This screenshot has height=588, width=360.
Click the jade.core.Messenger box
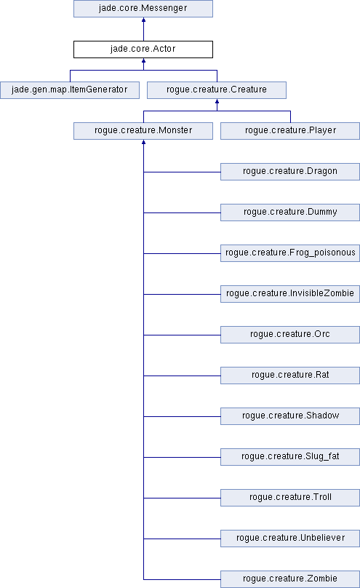tap(143, 8)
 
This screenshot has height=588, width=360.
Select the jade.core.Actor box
tap(143, 49)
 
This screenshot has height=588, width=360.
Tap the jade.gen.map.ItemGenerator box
tap(70, 90)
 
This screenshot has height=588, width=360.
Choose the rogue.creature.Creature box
tap(217, 90)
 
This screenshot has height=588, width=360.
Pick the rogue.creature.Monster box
tap(143, 131)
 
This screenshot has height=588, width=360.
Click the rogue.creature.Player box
tap(290, 131)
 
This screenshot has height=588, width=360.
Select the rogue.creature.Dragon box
tap(290, 172)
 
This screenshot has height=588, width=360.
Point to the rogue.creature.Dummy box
tap(290, 212)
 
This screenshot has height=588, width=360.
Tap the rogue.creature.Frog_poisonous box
tap(290, 253)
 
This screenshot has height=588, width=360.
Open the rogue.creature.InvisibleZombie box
tap(290, 294)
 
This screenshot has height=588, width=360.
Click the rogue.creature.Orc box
tap(290, 335)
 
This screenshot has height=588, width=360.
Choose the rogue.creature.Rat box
tap(290, 376)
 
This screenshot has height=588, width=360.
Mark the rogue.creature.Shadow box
tap(290, 416)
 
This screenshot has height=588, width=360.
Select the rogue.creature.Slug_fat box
tap(290, 457)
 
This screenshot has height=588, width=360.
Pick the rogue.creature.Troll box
tap(290, 498)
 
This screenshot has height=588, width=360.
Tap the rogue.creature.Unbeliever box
tap(290, 539)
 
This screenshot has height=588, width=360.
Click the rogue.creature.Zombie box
tap(290, 579)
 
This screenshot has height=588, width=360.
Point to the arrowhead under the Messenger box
tap(143, 20)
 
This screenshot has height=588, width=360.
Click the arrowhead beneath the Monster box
tap(143, 142)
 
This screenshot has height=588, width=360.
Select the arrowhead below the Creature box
tap(217, 101)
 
